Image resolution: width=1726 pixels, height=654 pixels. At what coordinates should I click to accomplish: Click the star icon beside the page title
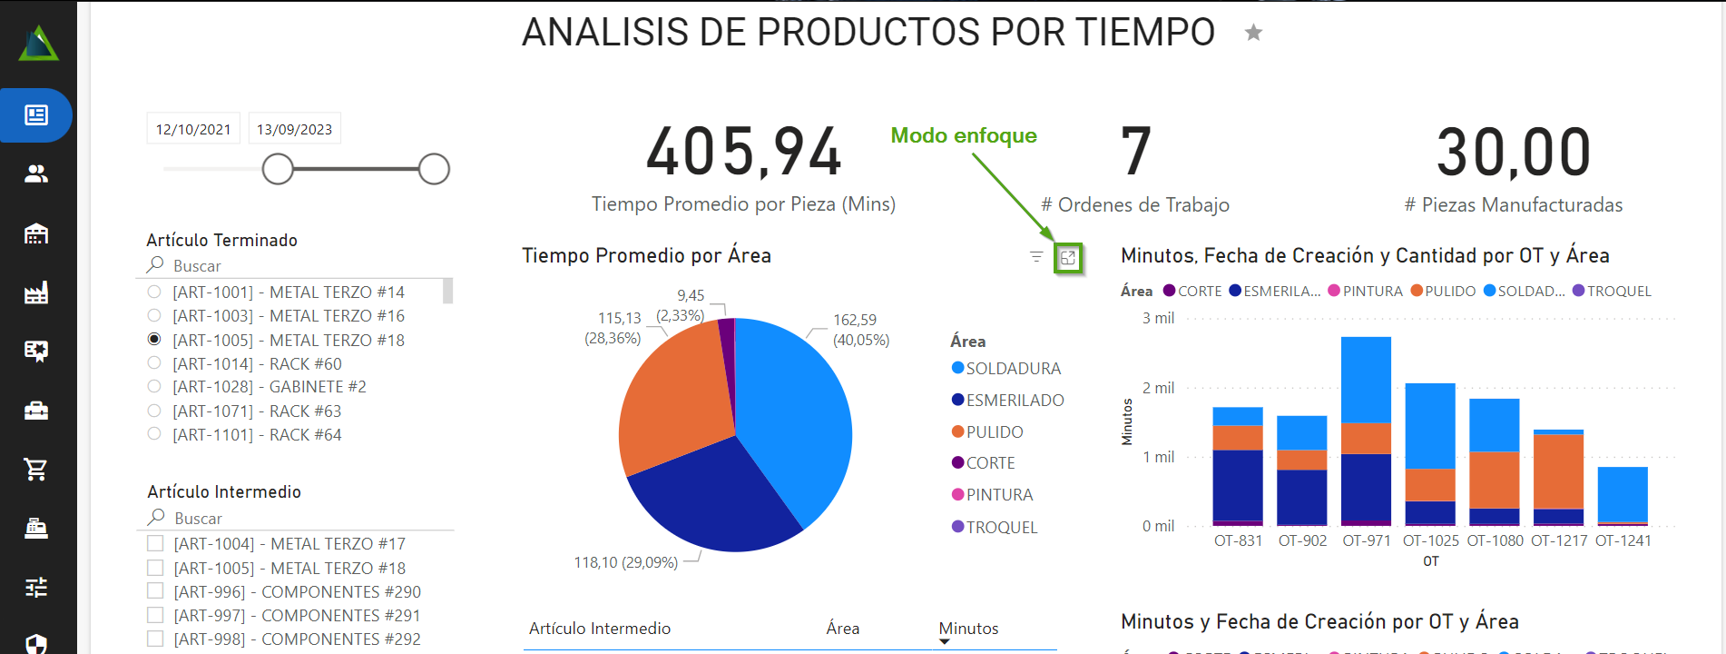[1253, 34]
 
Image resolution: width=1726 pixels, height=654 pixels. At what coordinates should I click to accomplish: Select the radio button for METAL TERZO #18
[154, 340]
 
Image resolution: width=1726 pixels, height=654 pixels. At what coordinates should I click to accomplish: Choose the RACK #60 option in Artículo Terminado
[154, 363]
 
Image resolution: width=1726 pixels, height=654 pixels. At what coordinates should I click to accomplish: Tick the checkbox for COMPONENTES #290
[155, 591]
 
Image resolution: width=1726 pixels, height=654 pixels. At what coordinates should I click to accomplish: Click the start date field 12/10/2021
[193, 129]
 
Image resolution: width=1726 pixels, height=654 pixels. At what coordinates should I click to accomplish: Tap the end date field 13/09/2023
[294, 129]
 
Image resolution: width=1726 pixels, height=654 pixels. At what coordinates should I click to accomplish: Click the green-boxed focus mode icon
[1068, 258]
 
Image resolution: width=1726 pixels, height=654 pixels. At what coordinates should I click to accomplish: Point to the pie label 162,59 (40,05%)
[859, 330]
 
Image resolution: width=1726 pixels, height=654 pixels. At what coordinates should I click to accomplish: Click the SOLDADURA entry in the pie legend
[1013, 369]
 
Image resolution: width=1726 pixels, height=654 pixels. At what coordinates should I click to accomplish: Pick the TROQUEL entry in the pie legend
[1001, 528]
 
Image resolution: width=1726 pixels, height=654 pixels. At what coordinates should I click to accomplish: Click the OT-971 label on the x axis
[1366, 540]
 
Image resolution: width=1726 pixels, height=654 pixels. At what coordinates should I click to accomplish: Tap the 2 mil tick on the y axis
[1158, 388]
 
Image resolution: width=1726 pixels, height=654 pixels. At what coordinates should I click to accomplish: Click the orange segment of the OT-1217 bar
[1558, 471]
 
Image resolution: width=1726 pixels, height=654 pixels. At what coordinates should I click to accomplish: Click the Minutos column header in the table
[968, 629]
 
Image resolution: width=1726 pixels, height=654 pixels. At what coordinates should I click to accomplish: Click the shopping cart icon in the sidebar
[36, 470]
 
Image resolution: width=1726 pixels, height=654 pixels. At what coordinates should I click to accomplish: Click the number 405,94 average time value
[743, 152]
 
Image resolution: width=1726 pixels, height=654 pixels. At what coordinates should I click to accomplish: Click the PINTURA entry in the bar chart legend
[1371, 292]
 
